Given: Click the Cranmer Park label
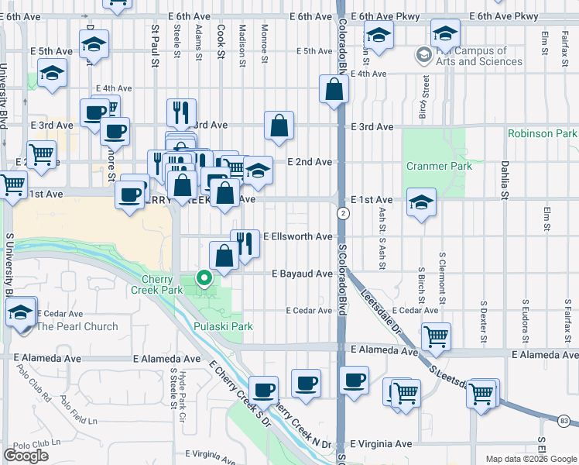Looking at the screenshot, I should (439, 166).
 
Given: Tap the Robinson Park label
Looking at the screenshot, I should (542, 133).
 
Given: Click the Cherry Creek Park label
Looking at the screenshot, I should (162, 284).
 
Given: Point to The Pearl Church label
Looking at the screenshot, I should (77, 326).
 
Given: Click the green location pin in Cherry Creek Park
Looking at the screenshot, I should (204, 277).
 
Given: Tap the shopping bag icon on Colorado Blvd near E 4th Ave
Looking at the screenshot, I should (334, 89).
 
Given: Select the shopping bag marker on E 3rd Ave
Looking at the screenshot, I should (279, 125).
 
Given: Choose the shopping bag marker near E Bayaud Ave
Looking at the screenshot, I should (224, 256).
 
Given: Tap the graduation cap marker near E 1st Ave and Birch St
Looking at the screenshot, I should (420, 202).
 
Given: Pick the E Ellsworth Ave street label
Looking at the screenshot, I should (298, 236).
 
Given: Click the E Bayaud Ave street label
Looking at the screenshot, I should (302, 274).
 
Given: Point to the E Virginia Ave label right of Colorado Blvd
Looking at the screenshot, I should (381, 444).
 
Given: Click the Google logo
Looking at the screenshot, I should (26, 455).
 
